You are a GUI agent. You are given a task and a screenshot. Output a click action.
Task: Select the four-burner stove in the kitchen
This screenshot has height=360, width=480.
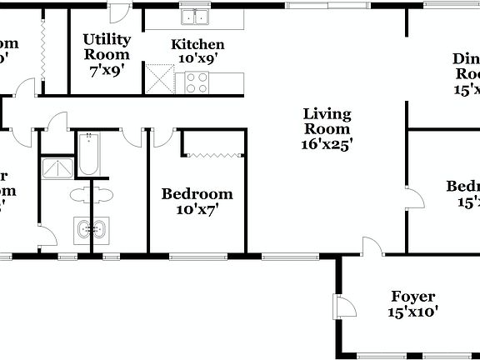[197, 82]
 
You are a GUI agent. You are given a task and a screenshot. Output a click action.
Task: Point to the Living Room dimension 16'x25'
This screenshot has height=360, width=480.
[327, 143]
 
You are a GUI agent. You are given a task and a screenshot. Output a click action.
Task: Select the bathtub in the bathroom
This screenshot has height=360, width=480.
[88, 155]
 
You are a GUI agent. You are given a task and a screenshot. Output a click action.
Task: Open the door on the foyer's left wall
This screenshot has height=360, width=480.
[343, 306]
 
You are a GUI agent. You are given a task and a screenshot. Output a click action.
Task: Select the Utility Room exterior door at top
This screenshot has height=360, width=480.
[119, 12]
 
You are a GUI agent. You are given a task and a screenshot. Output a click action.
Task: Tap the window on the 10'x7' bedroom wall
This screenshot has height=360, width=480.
[197, 255]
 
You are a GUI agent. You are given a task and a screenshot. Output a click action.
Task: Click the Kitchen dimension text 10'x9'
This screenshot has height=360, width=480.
[197, 61]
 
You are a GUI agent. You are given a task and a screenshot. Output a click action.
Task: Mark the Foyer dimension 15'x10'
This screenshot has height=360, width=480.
[412, 312]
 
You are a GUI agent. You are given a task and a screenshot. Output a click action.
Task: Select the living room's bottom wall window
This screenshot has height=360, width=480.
[286, 255]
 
